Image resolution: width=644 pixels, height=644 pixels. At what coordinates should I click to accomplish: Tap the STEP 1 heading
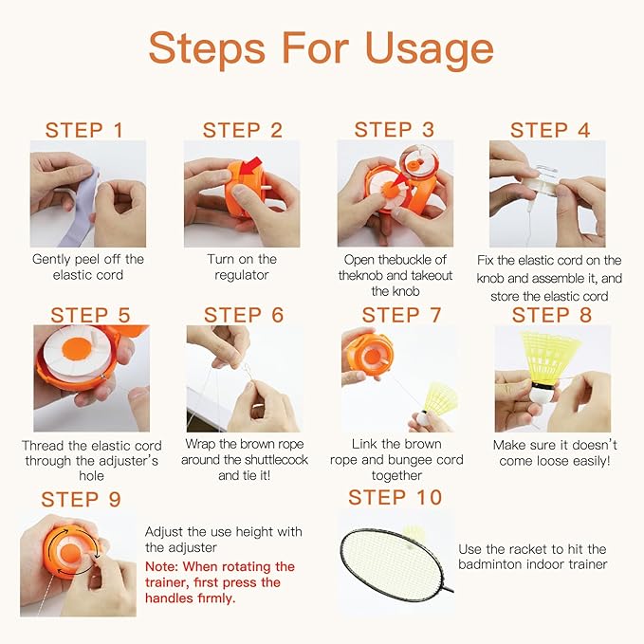click(84, 130)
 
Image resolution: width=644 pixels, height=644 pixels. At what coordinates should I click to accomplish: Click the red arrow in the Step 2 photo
click(250, 166)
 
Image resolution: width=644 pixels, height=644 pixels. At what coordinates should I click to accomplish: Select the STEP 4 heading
click(550, 130)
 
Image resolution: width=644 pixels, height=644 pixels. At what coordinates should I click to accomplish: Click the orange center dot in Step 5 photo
click(77, 348)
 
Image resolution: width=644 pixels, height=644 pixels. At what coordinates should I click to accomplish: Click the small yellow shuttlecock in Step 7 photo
click(436, 405)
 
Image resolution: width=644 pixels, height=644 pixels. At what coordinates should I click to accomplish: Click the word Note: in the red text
click(161, 567)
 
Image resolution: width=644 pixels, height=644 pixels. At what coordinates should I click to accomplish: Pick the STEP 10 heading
click(395, 497)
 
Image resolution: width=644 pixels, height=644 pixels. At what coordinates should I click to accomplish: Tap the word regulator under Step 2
click(242, 275)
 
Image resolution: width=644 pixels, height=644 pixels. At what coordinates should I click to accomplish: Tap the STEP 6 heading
click(244, 315)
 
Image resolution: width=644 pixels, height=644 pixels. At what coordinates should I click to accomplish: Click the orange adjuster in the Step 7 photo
click(369, 356)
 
